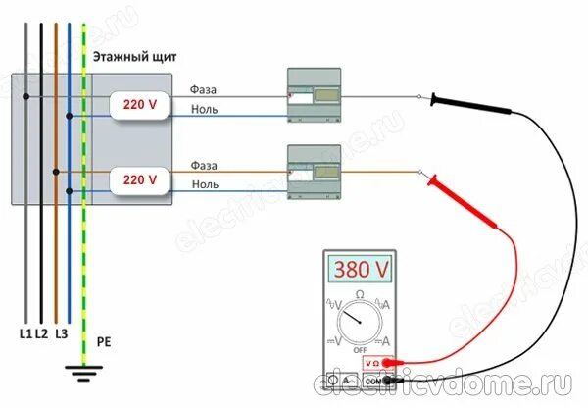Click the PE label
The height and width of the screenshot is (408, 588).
104,344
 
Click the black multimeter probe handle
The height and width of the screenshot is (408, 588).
453,99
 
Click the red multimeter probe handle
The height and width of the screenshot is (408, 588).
453,183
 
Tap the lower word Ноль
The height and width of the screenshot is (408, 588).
205,183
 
